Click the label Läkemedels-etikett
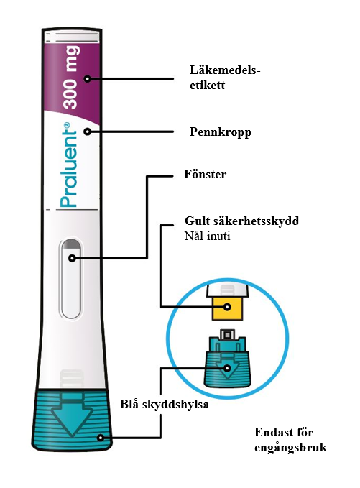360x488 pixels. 225,78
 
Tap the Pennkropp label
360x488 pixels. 221,132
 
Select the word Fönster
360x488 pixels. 205,174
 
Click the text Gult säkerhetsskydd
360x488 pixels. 241,221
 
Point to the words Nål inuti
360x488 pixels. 207,236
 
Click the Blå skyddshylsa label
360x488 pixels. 165,405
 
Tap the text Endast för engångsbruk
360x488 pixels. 290,440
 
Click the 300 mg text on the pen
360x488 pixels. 71,77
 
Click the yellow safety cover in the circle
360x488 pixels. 227,308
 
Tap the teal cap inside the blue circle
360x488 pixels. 227,362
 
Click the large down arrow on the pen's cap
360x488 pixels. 72,417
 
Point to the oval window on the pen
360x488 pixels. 72,279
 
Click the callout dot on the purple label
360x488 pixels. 88,79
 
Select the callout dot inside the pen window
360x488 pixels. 72,258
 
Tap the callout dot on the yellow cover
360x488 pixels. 228,307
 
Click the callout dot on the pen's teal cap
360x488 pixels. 100,438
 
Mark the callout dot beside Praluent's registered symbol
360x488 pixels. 88,132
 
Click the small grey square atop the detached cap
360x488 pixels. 227,335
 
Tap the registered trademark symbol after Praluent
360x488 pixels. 66,126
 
